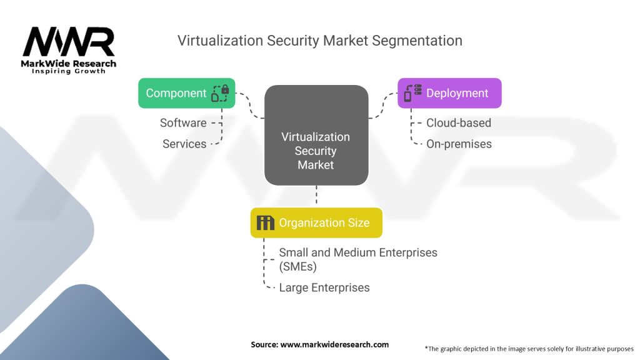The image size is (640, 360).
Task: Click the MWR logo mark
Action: pos(69,42)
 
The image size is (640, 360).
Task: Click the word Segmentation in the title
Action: pos(417,41)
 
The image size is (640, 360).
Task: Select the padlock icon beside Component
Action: pos(220,93)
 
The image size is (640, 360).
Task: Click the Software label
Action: pos(183,122)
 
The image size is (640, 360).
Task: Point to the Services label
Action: pos(184,144)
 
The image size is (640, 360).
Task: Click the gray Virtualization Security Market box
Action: pos(316,135)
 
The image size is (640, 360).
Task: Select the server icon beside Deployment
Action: pos(411,93)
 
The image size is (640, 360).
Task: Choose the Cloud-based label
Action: pos(459,122)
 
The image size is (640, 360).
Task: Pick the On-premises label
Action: pos(459,144)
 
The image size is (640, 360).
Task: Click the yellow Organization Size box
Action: pos(316,222)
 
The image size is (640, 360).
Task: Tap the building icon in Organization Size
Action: pos(266,222)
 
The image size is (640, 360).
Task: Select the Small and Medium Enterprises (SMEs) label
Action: pos(357,259)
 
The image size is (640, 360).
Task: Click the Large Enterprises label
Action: pos(324,287)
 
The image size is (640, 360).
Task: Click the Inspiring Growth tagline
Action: pos(69,71)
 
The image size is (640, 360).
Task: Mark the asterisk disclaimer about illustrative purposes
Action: pos(529,348)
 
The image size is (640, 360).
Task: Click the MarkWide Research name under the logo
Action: pos(69,63)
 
